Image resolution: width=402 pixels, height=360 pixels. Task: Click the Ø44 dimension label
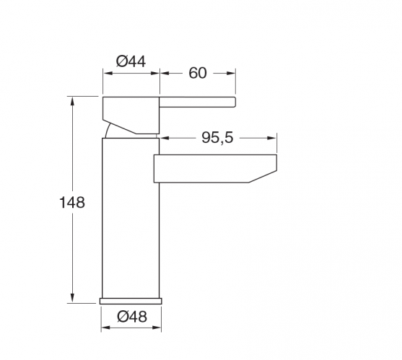(x=131, y=61)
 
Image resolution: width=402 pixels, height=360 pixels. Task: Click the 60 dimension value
(x=198, y=74)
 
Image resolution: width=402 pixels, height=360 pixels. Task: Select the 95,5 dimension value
(x=217, y=138)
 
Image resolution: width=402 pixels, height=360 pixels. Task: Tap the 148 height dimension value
(x=72, y=203)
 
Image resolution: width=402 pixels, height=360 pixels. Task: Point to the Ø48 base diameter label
(x=132, y=317)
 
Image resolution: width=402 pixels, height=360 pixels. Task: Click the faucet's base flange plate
(x=131, y=301)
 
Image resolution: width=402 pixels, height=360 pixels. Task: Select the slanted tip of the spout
(x=263, y=176)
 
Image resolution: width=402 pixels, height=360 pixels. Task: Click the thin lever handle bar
(x=197, y=102)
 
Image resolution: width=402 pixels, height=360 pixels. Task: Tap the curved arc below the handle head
(x=108, y=131)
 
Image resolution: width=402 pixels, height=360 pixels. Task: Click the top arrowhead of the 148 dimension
(x=73, y=102)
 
